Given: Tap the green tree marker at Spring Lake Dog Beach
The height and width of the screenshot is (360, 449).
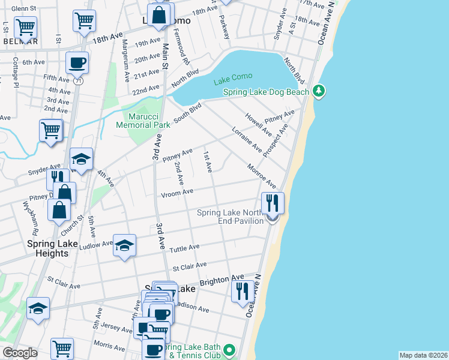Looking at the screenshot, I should click(319, 91).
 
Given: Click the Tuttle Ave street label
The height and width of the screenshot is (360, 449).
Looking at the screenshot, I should click(185, 248).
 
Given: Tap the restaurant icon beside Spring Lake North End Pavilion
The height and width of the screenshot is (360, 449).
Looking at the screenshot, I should click(273, 202).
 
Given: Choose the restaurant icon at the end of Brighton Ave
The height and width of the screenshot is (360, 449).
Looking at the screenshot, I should click(243, 291).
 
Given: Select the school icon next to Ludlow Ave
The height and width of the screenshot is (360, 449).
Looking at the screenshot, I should click(124, 244).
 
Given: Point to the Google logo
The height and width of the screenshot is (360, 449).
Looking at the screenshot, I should click(20, 353).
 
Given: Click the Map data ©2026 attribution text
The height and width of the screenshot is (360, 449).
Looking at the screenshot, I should click(423, 355).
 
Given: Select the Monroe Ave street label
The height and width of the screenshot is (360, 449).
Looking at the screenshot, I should click(261, 176).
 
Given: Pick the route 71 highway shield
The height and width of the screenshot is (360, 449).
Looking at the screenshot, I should click(79, 80).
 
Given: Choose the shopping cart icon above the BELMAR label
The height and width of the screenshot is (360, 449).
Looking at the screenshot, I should click(26, 26).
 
